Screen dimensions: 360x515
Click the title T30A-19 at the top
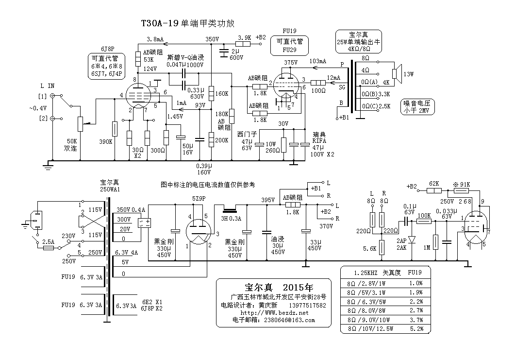click(x=160, y=23)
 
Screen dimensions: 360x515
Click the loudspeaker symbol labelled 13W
click(x=396, y=74)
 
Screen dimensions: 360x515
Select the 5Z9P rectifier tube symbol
click(x=198, y=230)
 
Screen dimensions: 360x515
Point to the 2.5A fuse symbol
click(x=48, y=247)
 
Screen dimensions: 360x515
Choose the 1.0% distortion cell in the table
click(x=415, y=283)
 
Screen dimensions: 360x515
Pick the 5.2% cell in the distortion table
click(x=415, y=329)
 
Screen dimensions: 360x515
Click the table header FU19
click(x=415, y=273)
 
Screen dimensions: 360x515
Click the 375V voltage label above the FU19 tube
click(x=290, y=63)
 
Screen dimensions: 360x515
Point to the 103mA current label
click(x=317, y=62)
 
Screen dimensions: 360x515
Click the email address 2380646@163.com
click(x=287, y=320)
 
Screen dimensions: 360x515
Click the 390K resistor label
click(x=106, y=141)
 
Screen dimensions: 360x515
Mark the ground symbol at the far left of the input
click(x=48, y=166)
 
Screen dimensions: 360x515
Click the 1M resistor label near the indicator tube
click(x=427, y=248)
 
